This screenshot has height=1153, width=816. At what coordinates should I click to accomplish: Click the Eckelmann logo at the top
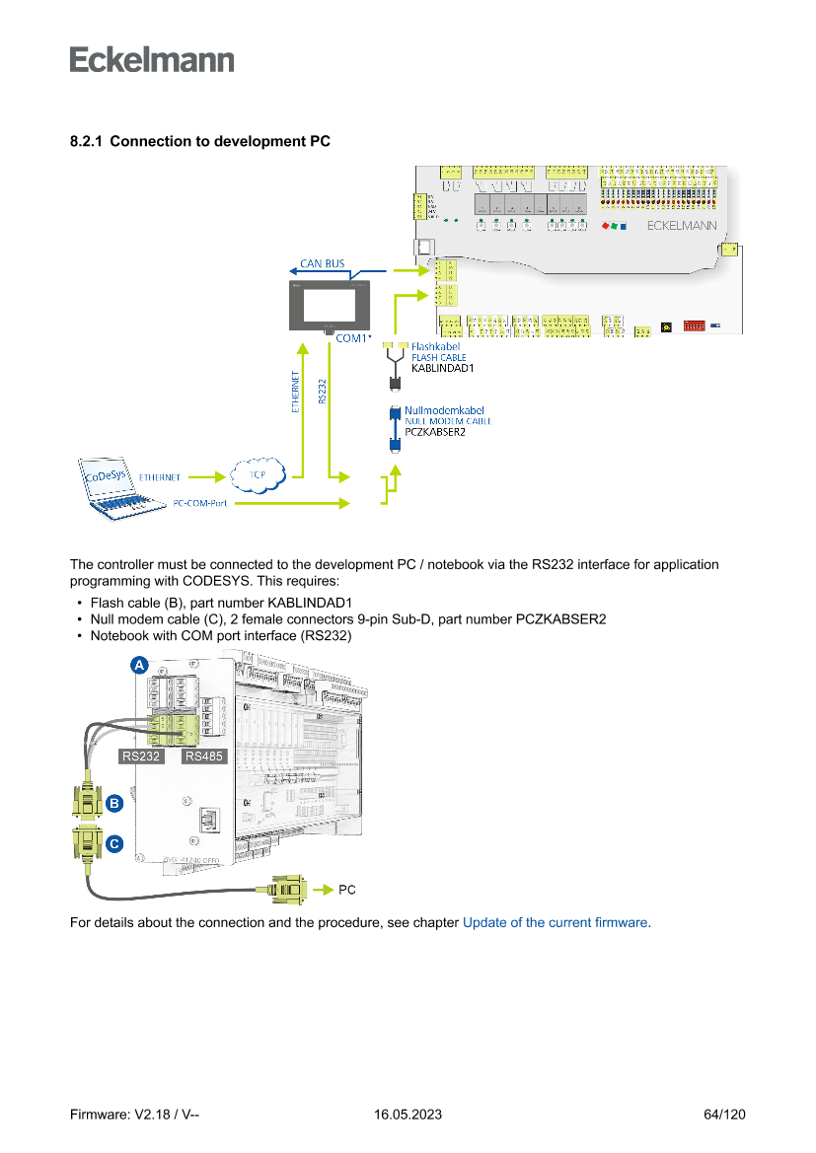click(152, 59)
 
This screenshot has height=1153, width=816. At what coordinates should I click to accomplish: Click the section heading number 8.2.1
click(87, 142)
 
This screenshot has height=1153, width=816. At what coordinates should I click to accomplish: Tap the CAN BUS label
click(323, 263)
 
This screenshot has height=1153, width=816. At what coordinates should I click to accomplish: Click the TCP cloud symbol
click(258, 475)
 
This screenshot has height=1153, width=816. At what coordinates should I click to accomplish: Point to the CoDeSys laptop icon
click(121, 485)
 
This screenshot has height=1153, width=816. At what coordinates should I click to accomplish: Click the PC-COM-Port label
click(200, 503)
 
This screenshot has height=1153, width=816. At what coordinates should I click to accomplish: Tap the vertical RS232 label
click(323, 391)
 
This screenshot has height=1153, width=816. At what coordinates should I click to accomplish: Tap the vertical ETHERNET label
click(296, 393)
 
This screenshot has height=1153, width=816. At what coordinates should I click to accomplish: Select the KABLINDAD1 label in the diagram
click(443, 368)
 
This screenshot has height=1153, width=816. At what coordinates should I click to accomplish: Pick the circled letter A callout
click(140, 667)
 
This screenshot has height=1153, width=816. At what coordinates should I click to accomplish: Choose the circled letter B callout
click(114, 804)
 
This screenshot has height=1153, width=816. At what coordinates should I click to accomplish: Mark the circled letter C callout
click(114, 844)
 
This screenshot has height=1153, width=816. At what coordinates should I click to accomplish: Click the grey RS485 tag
click(203, 757)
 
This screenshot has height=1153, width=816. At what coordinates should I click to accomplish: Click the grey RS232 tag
click(141, 757)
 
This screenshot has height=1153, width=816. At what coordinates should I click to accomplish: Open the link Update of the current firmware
click(555, 923)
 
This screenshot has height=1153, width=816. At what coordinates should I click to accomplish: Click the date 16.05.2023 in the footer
click(408, 1115)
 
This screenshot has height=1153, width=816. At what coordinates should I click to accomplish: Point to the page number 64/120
click(724, 1115)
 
